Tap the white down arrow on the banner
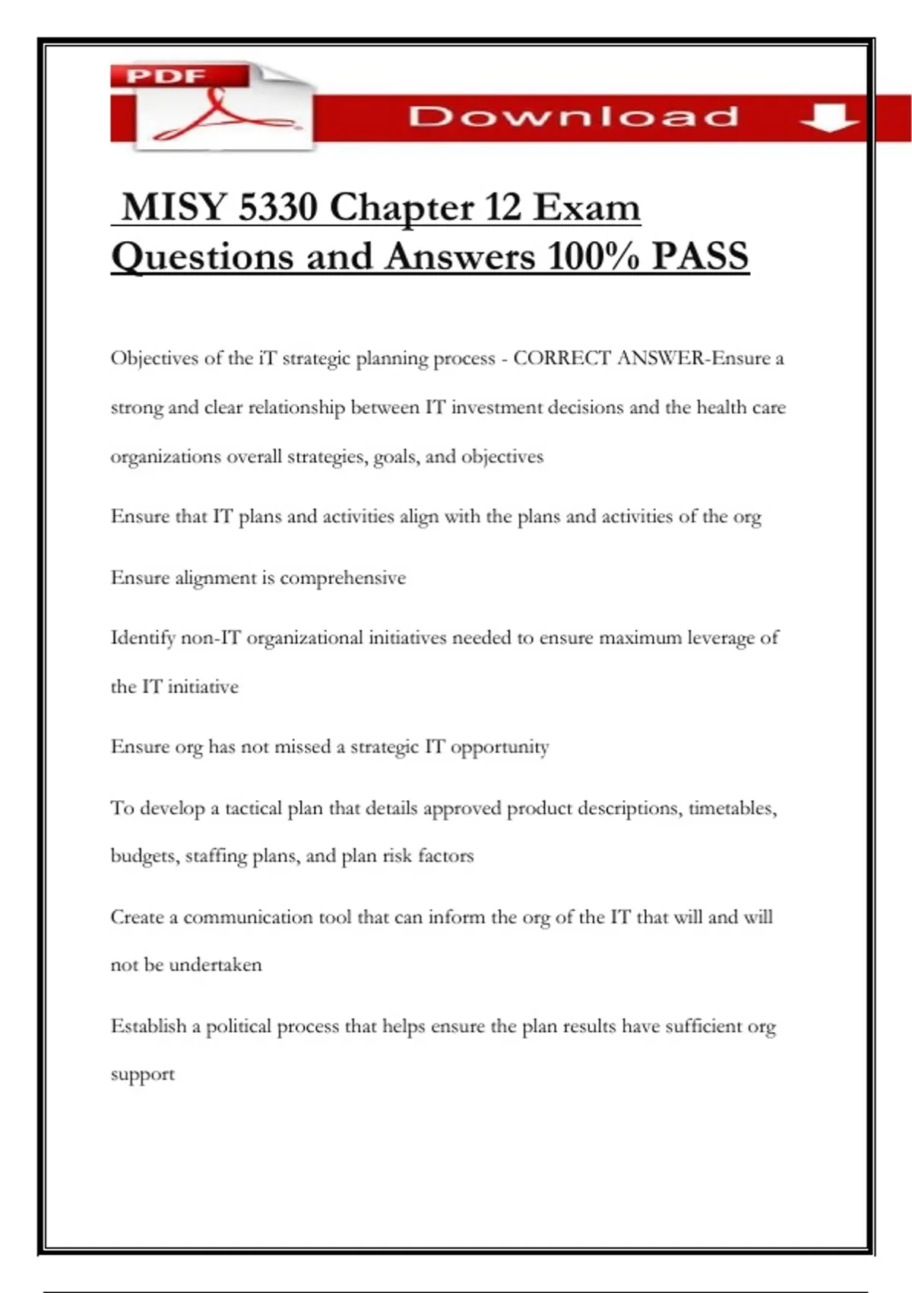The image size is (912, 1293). [828, 118]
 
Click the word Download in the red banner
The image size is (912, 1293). [574, 117]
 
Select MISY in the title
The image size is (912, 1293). [174, 207]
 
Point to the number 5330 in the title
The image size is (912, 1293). [277, 207]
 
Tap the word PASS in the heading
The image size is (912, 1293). [700, 256]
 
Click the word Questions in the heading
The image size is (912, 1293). [203, 256]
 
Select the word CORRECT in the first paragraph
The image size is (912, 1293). [562, 358]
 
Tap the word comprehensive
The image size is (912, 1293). [343, 578]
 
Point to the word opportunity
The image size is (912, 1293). [499, 748]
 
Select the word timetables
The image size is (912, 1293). [732, 808]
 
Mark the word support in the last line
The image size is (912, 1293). [142, 1075]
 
